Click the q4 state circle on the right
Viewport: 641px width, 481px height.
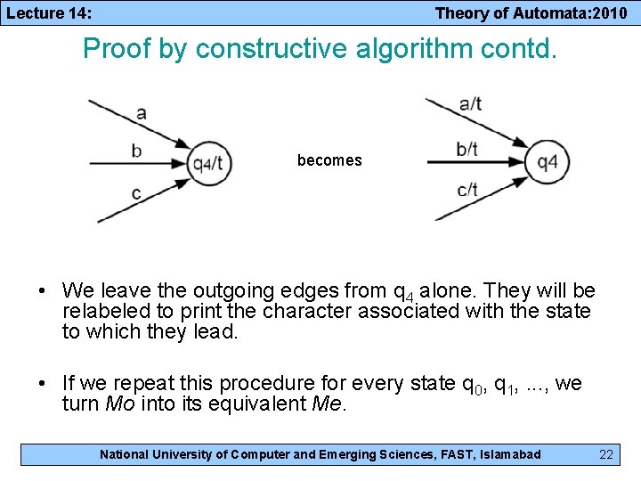click(x=547, y=162)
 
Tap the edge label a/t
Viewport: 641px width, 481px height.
click(x=470, y=104)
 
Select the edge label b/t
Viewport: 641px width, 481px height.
click(x=467, y=149)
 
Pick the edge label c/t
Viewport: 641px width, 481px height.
click(x=467, y=189)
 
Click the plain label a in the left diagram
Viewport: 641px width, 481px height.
click(x=142, y=112)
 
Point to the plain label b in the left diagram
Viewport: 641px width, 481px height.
click(x=136, y=151)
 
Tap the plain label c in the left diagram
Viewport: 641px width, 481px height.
click(x=135, y=192)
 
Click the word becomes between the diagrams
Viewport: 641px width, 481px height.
click(x=329, y=160)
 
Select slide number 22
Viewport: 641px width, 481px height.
click(x=606, y=454)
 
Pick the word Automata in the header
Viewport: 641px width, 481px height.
click(x=534, y=12)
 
